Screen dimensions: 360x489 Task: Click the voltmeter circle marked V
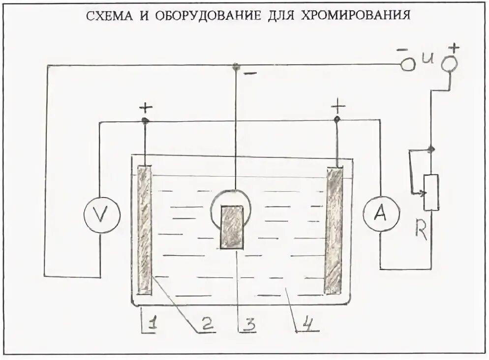[x=102, y=215]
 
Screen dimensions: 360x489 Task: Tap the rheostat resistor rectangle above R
[x=431, y=192]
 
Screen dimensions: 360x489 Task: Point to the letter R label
[x=421, y=230]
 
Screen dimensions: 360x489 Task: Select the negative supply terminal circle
[x=408, y=64]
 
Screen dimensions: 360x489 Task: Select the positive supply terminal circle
[x=449, y=64]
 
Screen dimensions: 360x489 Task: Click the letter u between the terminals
[x=428, y=60]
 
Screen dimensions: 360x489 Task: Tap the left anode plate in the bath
[x=145, y=230]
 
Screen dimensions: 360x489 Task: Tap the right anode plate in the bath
[x=334, y=230]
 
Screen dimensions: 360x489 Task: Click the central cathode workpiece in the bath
[x=232, y=227]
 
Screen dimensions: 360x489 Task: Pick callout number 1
[x=152, y=324]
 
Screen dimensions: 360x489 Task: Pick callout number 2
[x=206, y=323]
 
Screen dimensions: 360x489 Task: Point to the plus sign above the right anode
[x=338, y=106]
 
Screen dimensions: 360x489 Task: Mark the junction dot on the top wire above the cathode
[x=236, y=65]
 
